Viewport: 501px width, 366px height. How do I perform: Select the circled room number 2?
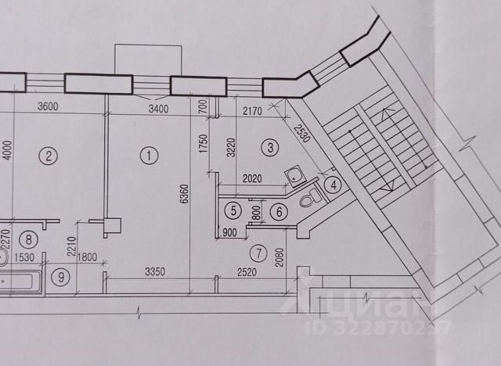pyautogui.click(x=49, y=156)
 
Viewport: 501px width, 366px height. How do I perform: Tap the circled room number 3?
pyautogui.click(x=270, y=146)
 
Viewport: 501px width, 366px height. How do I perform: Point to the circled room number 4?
pyautogui.click(x=333, y=185)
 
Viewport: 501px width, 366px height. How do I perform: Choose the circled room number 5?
pyautogui.click(x=233, y=210)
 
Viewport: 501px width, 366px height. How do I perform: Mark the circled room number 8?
pyautogui.click(x=29, y=240)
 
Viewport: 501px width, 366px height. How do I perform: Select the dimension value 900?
pyautogui.click(x=229, y=232)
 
